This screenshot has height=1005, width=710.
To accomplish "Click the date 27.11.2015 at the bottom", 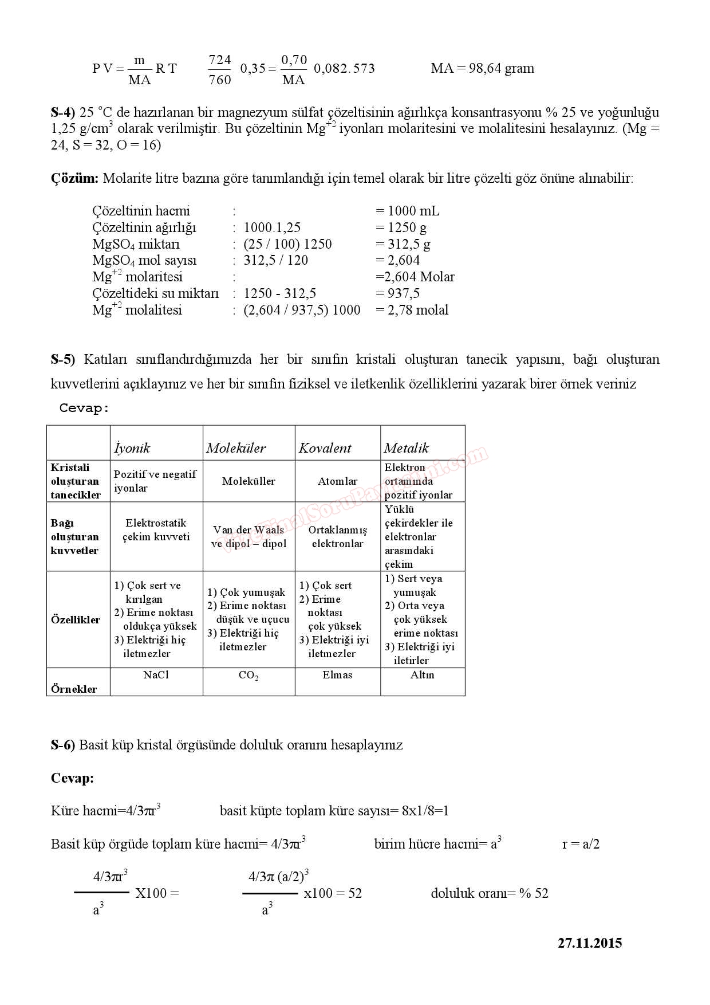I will (x=589, y=943).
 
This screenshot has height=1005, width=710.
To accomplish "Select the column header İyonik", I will (x=132, y=448).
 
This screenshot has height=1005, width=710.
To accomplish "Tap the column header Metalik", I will (x=406, y=448).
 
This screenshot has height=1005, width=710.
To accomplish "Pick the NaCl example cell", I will (x=156, y=675).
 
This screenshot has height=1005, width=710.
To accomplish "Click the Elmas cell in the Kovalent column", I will (x=337, y=675).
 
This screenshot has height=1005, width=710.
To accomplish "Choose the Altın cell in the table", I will (x=422, y=675).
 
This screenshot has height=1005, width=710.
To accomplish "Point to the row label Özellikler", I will (x=75, y=620).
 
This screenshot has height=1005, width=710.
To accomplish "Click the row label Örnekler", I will (x=74, y=689).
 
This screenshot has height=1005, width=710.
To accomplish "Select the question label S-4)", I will (x=62, y=112).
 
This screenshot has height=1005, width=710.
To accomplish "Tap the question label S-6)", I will (x=62, y=745).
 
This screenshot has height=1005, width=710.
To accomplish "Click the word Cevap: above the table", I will (x=84, y=409).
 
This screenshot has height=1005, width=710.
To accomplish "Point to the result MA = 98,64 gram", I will (x=482, y=69).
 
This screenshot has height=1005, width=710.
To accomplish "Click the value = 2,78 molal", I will (x=412, y=310).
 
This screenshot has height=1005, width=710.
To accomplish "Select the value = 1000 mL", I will (x=407, y=211).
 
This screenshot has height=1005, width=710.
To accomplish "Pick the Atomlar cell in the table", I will (x=337, y=481).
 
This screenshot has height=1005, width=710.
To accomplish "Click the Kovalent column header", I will (x=325, y=448).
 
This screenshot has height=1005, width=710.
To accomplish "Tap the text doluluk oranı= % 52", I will (x=489, y=893).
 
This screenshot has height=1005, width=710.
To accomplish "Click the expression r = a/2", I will (x=581, y=844).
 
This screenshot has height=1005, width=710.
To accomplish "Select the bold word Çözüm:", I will (x=74, y=178).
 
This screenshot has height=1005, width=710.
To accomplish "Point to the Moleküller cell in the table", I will (x=249, y=481).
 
